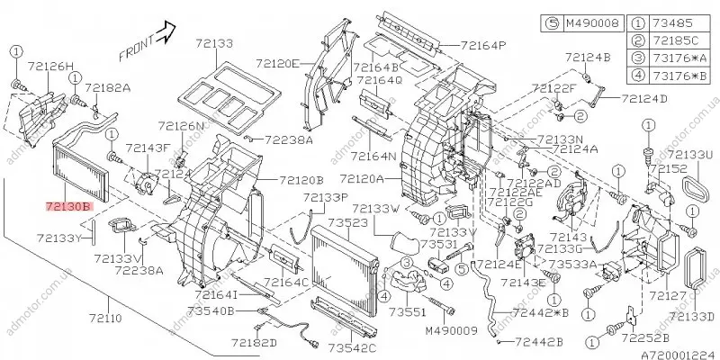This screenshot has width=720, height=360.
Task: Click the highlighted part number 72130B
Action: click(68, 206)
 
